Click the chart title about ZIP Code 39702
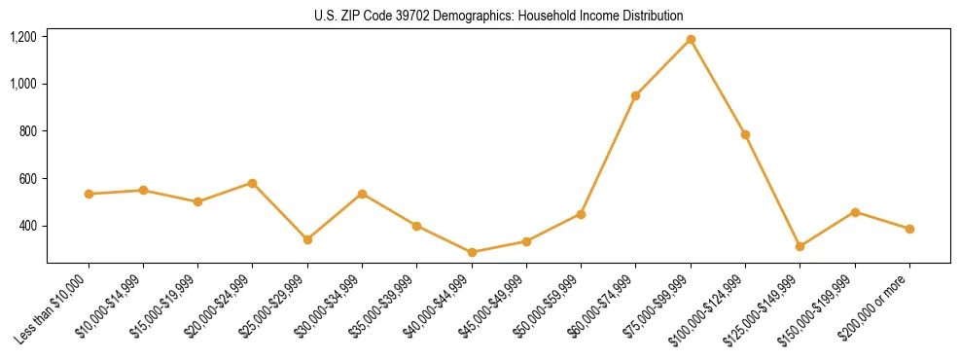[498, 16]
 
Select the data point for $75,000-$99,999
[691, 39]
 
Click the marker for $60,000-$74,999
[635, 95]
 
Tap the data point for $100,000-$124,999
[745, 134]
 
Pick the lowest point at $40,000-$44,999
[472, 252]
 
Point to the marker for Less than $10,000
[89, 194]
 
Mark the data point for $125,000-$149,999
[800, 246]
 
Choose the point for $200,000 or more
[909, 229]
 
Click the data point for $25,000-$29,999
[307, 239]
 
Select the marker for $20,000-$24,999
[253, 183]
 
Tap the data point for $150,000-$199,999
[855, 212]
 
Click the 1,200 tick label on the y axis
[23, 37]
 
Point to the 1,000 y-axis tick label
[23, 84]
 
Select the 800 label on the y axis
[28, 131]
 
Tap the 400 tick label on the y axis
[28, 226]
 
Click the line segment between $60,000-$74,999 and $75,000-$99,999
[663, 67]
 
